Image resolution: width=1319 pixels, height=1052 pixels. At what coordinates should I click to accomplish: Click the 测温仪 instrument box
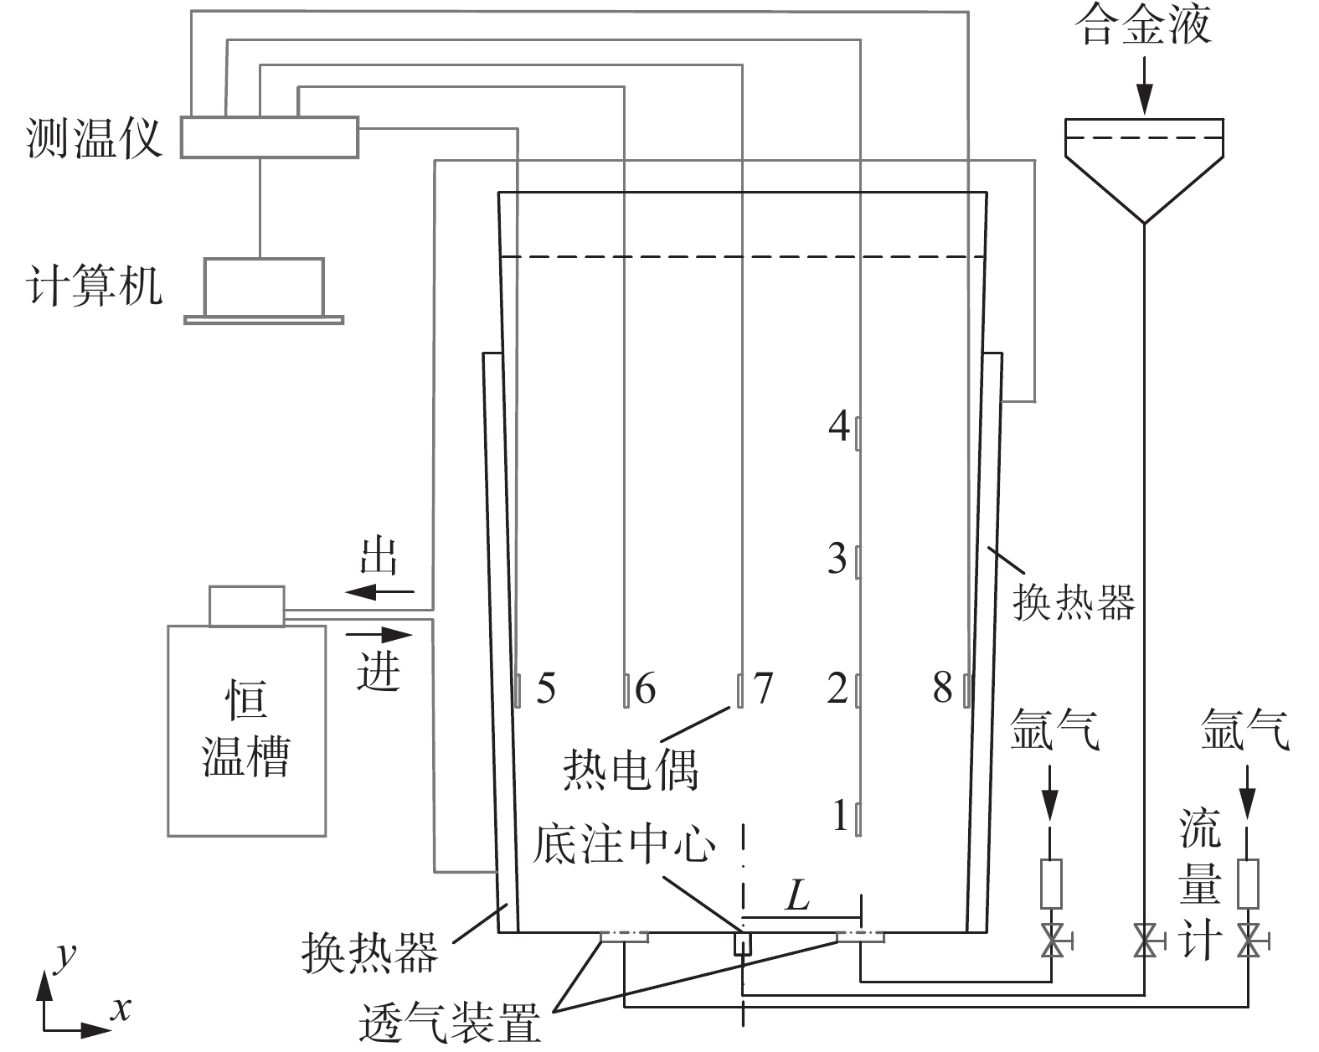pos(270,137)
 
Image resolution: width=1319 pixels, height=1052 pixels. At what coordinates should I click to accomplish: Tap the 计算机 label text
pos(95,286)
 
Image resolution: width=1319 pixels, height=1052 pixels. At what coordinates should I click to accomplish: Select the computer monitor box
pos(264,286)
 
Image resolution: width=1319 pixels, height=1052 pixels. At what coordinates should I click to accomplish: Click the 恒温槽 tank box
pos(246,729)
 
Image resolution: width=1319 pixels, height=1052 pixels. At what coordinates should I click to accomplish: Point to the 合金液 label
pos(1145,25)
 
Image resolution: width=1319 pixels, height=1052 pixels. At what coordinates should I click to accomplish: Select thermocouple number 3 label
pos(837,559)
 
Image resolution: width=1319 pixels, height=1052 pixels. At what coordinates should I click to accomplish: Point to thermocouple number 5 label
pos(545,689)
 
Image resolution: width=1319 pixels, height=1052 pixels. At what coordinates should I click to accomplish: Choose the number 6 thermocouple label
pos(645,689)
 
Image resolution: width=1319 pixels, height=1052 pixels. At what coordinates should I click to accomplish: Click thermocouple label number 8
pos(943,689)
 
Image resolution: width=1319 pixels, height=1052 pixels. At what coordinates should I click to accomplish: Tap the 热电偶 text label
pos(630,768)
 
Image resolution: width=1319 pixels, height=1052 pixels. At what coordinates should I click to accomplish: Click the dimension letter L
pos(796,898)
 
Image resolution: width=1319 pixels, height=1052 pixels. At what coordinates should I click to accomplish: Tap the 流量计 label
pos(1199,884)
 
